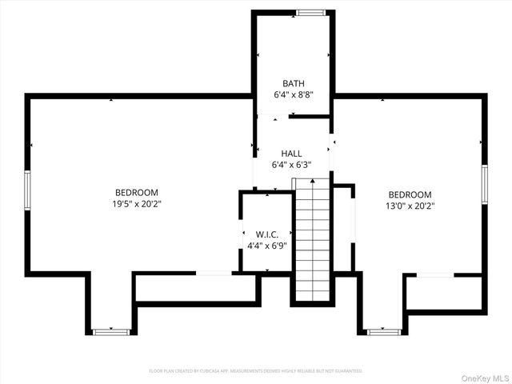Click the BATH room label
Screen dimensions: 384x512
coord(293,83)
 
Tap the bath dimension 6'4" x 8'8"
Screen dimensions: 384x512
coord(293,94)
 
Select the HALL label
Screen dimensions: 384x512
coord(291,154)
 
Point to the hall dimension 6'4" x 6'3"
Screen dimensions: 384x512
coord(291,165)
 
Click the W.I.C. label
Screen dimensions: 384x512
coord(266,234)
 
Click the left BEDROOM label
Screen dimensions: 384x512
coord(137,192)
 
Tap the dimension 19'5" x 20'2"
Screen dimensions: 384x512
coord(137,203)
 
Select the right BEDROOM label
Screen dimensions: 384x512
coord(410,194)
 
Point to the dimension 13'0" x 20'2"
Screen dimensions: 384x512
coord(410,206)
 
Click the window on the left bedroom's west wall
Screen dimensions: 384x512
coord(27,190)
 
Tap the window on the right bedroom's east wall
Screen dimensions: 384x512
coord(484,184)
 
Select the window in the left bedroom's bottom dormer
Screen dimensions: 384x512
coord(110,330)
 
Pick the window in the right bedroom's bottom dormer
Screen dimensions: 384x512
coord(383,330)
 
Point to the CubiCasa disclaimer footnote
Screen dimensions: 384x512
coord(256,371)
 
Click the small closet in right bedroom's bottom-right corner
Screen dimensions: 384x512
coord(443,293)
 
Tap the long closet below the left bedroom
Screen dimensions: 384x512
coord(195,287)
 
